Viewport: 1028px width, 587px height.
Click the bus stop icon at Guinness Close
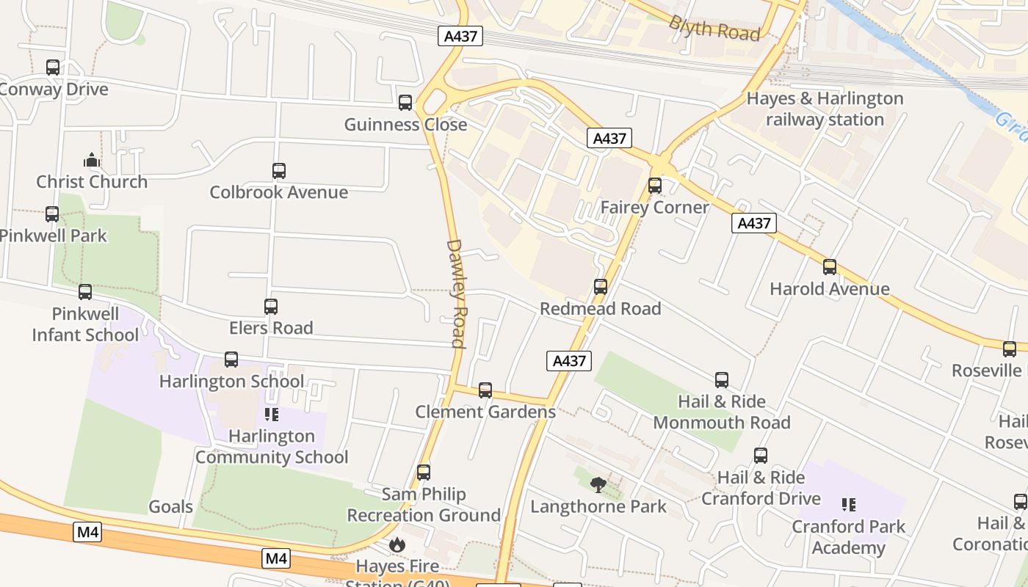(405, 103)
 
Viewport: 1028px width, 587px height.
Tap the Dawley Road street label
(456, 293)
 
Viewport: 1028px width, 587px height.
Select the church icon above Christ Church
(91, 160)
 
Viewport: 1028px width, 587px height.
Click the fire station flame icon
(397, 544)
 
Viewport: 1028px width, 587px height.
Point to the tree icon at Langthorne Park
(598, 484)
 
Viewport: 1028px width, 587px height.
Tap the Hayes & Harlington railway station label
(825, 109)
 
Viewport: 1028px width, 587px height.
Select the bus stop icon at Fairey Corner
(655, 186)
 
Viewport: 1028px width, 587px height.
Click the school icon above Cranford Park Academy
(849, 505)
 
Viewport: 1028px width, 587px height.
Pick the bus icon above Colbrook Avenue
(279, 171)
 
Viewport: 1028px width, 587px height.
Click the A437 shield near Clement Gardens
(569, 360)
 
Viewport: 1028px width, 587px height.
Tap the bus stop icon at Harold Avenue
(830, 267)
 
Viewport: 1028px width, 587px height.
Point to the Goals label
(171, 506)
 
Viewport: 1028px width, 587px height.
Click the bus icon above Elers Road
(271, 307)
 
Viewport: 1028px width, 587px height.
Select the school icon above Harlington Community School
(272, 415)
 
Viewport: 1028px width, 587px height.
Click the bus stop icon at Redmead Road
(601, 287)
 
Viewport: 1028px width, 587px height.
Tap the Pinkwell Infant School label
(85, 324)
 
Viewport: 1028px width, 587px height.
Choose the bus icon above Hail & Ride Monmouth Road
(722, 380)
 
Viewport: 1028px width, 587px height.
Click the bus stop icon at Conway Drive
(53, 68)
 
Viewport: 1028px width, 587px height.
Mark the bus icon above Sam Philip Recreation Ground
(424, 473)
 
